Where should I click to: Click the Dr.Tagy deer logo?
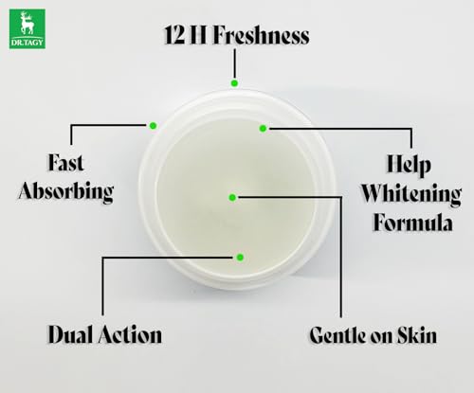click(27, 29)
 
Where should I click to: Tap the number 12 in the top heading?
click(174, 35)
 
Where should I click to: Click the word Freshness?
click(261, 35)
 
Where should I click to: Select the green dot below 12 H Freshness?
click(234, 83)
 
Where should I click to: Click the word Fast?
click(65, 163)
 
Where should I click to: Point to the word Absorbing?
click(66, 191)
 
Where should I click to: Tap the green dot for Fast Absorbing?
click(153, 126)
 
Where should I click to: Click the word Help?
click(409, 164)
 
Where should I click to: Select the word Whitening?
click(411, 194)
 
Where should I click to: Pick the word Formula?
click(412, 223)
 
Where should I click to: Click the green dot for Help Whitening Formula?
click(263, 129)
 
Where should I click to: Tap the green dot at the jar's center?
click(232, 198)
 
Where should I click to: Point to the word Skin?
click(417, 334)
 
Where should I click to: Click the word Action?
click(130, 334)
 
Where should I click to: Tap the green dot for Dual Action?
click(240, 258)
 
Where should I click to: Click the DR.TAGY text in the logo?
click(27, 43)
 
